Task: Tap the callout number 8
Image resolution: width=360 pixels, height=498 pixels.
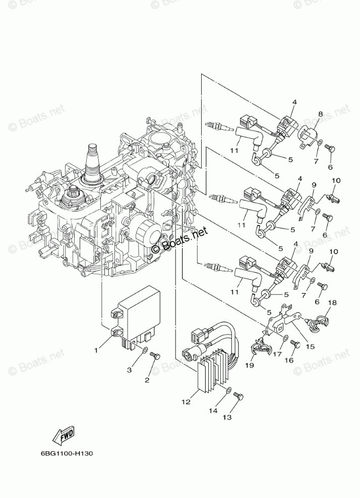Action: point(320,114)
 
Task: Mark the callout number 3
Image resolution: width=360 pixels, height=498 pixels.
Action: point(129,370)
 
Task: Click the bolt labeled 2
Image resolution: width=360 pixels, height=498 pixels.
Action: point(156,357)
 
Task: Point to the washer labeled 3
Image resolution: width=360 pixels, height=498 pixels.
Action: point(145,349)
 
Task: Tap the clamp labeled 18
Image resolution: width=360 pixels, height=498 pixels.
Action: point(319,321)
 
